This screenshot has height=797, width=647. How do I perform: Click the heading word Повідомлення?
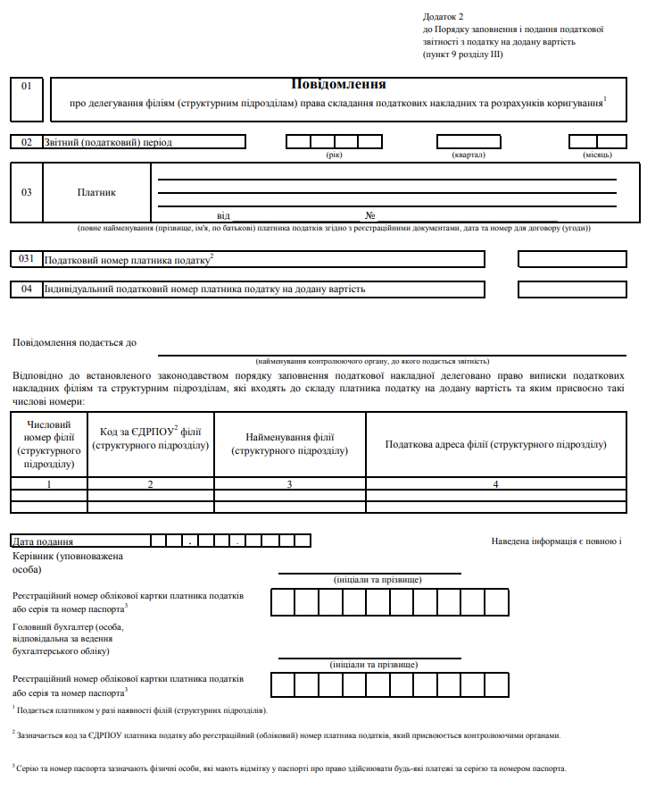coord(338,84)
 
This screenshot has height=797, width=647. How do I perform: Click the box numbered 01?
coord(27,86)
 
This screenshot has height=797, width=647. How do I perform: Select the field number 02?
coord(27,142)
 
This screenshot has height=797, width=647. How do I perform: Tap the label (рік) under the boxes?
coord(335,155)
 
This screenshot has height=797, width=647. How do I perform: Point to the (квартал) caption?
coord(469,155)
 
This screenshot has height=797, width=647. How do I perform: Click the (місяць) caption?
coord(597,155)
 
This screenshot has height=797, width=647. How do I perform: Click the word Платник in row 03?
coord(96,192)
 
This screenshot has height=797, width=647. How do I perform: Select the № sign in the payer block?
coord(369,215)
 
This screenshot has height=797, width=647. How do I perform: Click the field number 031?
coord(27,258)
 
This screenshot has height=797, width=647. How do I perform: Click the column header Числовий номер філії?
coord(49,444)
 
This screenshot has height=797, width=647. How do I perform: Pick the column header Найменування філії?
coord(289,444)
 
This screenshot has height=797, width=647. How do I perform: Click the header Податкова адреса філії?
coord(495,444)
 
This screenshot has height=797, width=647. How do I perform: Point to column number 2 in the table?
coord(150,483)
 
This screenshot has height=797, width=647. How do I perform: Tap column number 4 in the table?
coord(495,483)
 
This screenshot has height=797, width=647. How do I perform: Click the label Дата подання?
coord(44,541)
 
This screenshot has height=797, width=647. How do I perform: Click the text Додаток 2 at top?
coord(444,17)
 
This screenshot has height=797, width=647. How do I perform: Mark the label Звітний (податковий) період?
coord(108,142)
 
